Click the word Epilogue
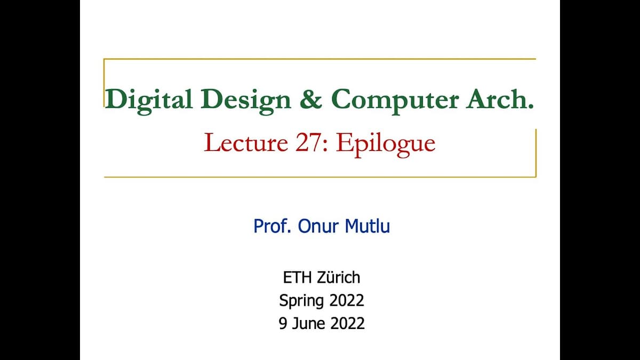(385, 144)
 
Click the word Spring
(301, 301)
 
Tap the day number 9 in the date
(283, 323)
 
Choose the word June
(308, 323)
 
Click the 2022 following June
(347, 323)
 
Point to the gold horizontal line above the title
(320, 59)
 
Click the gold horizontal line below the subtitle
(320, 177)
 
